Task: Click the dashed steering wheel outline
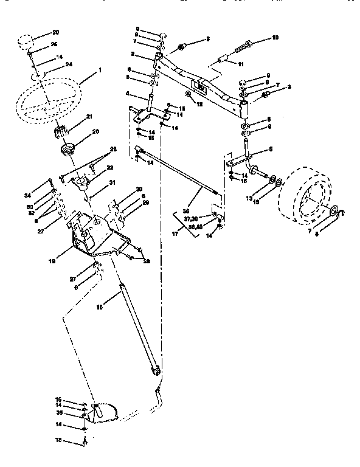(49, 103)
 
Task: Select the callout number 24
(68, 64)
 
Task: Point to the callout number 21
(89, 117)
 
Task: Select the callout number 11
(240, 64)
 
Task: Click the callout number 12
(199, 105)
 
